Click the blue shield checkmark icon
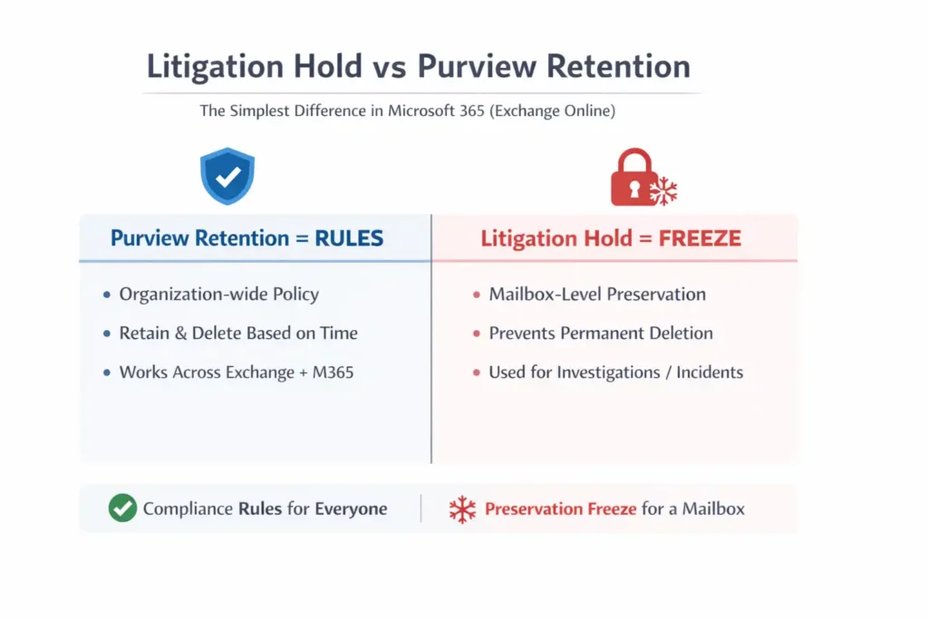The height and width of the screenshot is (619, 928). [x=227, y=176]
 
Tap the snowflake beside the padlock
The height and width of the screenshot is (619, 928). [x=663, y=191]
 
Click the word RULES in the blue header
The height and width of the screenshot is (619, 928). [x=349, y=238]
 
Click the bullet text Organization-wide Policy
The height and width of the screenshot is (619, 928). [x=218, y=294]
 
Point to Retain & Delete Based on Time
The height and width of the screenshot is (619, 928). [x=238, y=333]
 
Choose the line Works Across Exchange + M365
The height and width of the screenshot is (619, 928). [x=236, y=372]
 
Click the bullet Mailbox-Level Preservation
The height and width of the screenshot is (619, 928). [x=596, y=294]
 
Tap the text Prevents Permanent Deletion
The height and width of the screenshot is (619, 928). [x=600, y=333]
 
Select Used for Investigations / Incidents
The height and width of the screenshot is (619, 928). [x=615, y=372]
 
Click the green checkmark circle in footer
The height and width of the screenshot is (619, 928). [x=122, y=508]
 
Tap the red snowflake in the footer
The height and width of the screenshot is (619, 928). [x=462, y=509]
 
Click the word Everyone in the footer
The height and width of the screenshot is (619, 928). [x=351, y=508]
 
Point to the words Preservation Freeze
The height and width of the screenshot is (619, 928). [x=560, y=508]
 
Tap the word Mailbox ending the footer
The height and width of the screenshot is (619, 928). [x=711, y=508]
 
